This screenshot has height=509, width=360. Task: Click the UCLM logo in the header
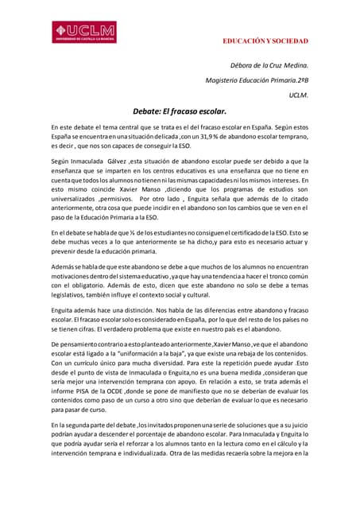[x=84, y=32]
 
